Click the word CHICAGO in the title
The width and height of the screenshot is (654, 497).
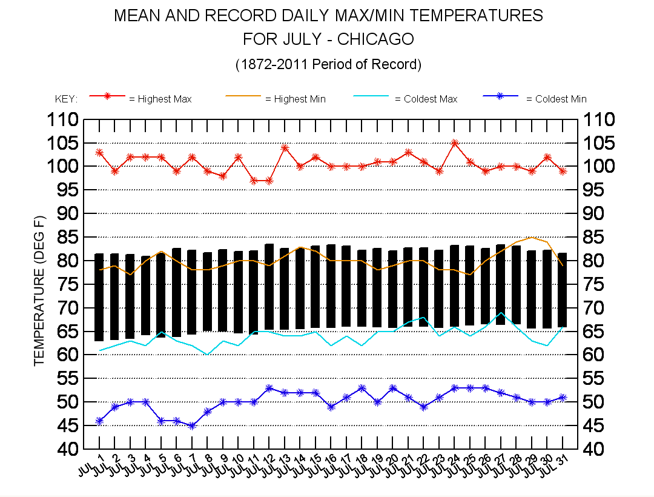point(375,39)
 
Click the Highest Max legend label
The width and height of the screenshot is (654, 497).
point(160,99)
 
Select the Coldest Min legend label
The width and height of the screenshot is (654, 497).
point(556,99)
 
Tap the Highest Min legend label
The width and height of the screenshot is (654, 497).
point(296,99)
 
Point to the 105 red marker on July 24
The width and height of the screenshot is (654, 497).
point(455,143)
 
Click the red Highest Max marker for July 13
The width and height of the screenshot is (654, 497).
point(285,147)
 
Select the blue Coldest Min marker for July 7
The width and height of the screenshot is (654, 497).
point(192,425)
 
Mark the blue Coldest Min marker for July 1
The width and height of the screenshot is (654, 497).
point(99,421)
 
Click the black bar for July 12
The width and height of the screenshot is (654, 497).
point(269,287)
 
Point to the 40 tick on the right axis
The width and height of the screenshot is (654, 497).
point(597,449)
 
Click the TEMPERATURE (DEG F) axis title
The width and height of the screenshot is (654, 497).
point(40,291)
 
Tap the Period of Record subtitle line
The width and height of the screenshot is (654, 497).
point(328,64)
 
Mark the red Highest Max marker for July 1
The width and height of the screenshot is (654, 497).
point(99,153)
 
